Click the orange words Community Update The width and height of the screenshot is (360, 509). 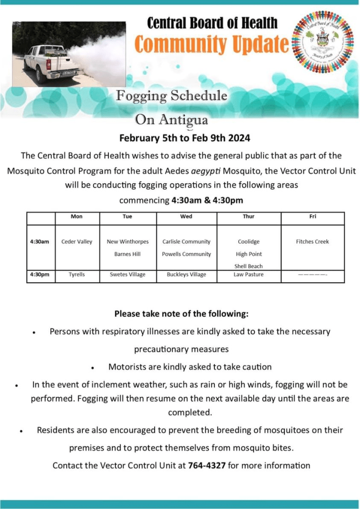tap(212, 44)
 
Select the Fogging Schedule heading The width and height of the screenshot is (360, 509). tap(172, 96)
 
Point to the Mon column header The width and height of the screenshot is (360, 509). tap(77, 217)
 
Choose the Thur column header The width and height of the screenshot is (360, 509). tap(249, 217)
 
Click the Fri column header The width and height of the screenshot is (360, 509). tap(312, 217)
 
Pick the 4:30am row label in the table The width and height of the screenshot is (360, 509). tap(39, 242)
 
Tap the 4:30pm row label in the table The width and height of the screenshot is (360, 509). tap(39, 275)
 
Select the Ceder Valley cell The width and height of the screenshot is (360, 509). tap(77, 242)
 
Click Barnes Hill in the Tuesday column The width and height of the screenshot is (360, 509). tap(127, 254)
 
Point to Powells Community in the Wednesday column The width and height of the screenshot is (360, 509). tap(186, 254)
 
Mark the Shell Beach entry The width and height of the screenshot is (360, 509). tap(249, 266)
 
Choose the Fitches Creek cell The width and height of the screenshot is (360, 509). tap(312, 242)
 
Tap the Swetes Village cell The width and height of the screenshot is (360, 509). tap(127, 275)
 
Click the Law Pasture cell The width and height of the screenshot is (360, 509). tap(249, 275)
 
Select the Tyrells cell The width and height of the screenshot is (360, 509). tap(77, 275)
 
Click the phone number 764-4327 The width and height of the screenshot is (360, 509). tap(205, 466)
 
